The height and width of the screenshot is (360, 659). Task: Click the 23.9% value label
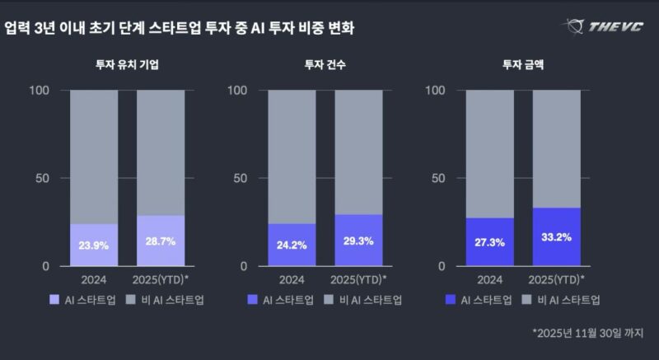(93, 245)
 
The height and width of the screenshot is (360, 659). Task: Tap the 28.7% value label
(160, 244)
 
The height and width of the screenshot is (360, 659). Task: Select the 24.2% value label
(292, 245)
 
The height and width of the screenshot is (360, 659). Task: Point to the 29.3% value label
(358, 243)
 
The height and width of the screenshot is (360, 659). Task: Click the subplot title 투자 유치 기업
(126, 64)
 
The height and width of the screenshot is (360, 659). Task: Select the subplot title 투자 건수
(325, 64)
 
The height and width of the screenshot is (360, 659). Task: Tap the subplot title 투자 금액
(522, 64)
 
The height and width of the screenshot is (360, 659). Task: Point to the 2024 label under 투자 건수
(292, 279)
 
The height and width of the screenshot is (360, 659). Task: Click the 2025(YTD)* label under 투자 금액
(557, 279)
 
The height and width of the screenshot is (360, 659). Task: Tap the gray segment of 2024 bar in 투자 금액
(489, 153)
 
